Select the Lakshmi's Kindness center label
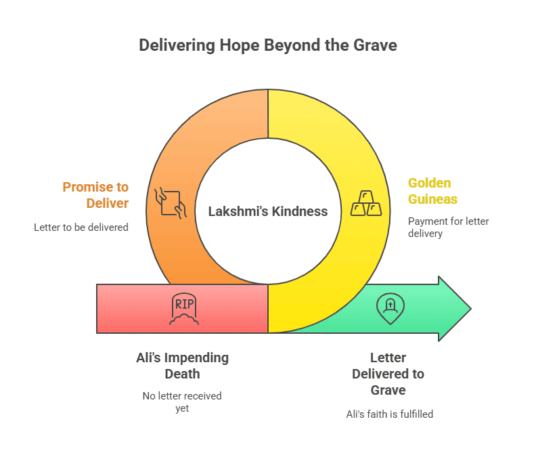268,211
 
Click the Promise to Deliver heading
95,195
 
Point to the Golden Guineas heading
432,191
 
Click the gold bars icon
365,203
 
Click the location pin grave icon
390,308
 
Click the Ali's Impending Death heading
182,366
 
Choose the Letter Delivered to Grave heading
388,374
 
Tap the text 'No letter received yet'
182,402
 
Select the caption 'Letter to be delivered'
81,227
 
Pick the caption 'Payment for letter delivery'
448,227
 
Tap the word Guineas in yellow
432,199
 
